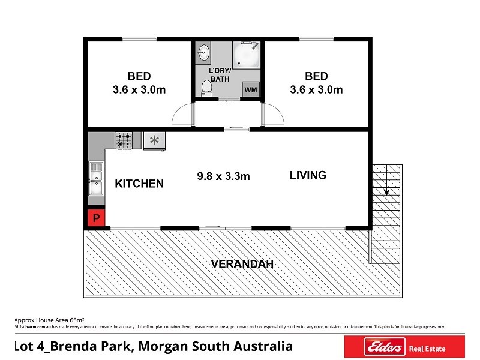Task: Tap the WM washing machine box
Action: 251,90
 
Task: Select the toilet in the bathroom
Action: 206,88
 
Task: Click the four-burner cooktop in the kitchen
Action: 124,140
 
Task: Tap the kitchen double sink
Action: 96,178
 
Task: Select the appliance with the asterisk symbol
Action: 154,141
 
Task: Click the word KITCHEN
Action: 139,184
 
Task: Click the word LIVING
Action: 308,175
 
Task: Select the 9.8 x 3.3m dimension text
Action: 223,176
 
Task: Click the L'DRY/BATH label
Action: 220,75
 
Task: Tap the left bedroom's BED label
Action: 139,76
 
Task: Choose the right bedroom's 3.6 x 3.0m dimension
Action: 316,90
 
